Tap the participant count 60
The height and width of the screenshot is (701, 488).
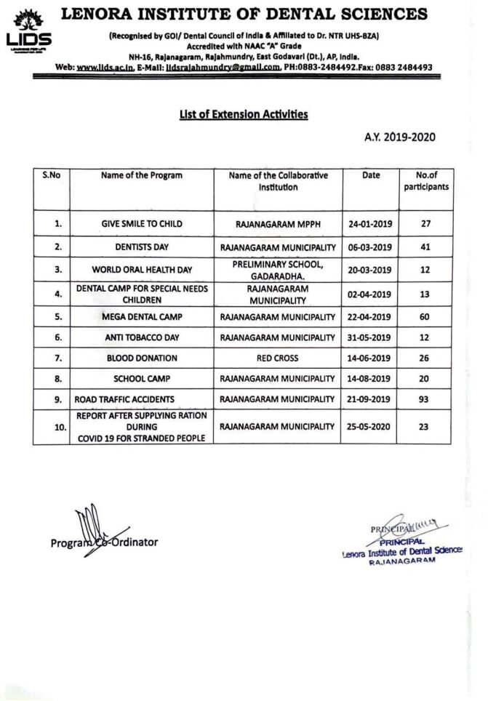pyautogui.click(x=426, y=317)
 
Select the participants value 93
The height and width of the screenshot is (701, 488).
pyautogui.click(x=426, y=400)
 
